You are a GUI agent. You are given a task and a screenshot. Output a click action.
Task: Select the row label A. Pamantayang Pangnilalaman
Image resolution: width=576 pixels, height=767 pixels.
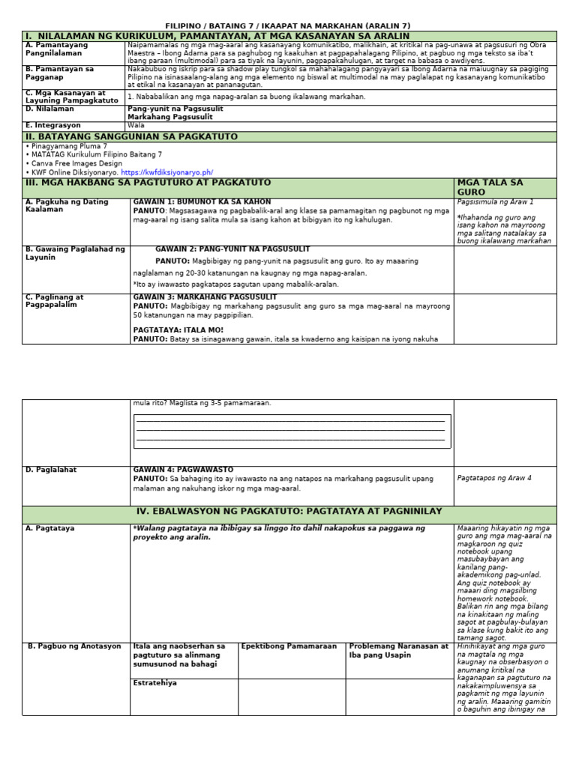56,49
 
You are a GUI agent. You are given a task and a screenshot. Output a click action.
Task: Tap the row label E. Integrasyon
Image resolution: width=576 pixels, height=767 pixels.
53,125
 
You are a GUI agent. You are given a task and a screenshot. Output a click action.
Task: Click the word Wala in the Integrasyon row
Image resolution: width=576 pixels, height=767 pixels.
136,125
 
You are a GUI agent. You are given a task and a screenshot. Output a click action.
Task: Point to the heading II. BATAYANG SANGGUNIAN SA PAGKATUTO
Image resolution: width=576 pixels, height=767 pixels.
132,136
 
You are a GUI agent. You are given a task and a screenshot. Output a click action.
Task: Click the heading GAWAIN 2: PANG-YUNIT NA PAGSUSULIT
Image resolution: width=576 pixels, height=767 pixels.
232,249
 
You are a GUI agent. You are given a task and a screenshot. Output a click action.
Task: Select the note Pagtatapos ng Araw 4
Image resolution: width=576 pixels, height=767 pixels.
493,478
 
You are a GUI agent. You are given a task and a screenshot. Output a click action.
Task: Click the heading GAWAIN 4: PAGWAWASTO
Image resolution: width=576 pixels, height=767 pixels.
183,470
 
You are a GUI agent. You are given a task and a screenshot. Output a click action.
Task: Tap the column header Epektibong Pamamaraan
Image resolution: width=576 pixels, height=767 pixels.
289,646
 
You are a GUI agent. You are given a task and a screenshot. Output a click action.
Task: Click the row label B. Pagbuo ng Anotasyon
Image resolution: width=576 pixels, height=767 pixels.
74,646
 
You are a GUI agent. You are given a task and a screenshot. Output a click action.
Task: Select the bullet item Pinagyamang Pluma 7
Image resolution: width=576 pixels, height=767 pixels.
68,146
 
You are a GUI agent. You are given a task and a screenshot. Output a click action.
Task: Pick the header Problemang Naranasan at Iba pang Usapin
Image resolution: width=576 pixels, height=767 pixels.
398,650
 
